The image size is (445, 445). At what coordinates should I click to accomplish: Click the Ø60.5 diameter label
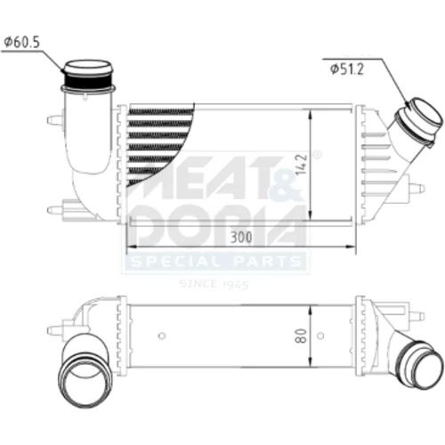21,42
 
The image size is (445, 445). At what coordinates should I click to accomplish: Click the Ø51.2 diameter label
346,69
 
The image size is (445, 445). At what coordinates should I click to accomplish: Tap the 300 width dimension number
241,237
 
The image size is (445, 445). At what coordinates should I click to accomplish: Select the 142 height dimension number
301,164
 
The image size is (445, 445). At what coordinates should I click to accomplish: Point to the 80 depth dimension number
301,336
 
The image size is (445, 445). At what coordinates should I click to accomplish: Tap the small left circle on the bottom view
162,336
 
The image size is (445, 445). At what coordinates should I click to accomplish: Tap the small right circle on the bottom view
320,336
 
